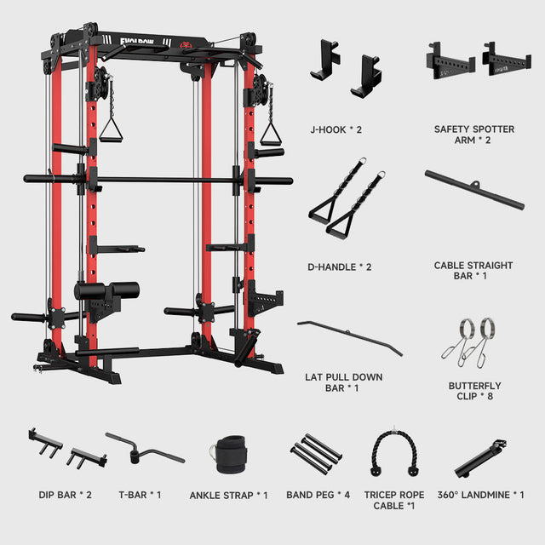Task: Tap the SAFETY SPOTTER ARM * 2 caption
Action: click(474, 135)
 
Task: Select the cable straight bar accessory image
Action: click(473, 192)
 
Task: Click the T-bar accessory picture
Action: click(145, 449)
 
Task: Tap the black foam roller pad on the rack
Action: click(110, 291)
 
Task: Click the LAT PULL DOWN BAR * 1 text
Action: click(343, 382)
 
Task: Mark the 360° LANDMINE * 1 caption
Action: click(480, 495)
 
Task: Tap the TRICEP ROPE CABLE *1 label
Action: click(393, 500)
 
